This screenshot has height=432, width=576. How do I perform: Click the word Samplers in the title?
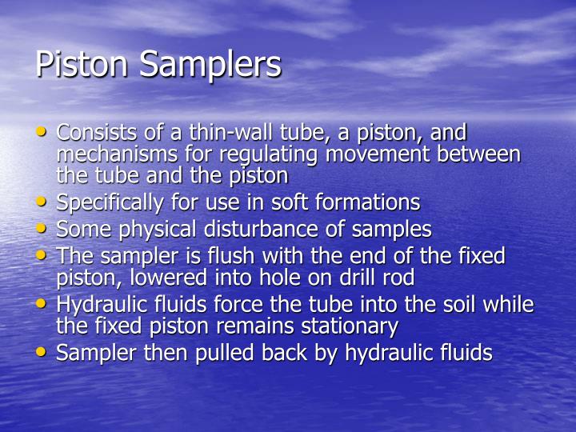coord(211,65)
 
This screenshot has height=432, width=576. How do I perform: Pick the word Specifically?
coord(108,202)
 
